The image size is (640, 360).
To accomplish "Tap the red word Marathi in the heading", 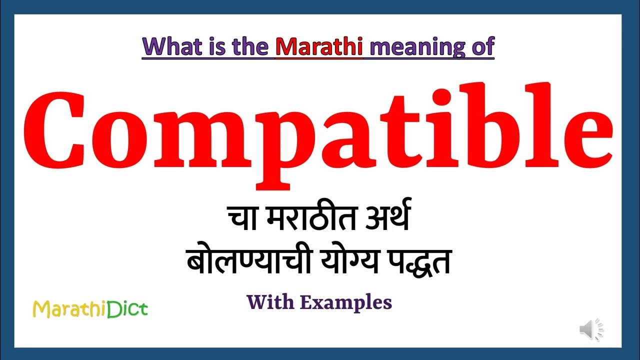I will pos(319,46).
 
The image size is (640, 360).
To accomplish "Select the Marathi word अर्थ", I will pos(385,222).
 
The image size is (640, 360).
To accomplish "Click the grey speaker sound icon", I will pos(591,329).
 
